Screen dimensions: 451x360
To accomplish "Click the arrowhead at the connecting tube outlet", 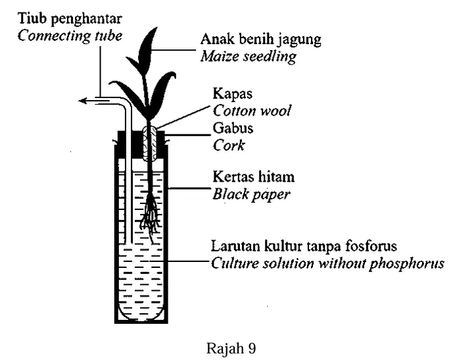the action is [83, 101].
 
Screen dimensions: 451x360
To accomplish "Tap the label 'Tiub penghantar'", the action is [70, 18].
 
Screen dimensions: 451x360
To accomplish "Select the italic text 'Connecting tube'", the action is [70, 36].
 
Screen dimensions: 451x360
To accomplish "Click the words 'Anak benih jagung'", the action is [260, 39].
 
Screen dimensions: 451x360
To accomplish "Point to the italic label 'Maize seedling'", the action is [249, 57].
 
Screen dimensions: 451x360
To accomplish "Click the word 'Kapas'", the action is [233, 94].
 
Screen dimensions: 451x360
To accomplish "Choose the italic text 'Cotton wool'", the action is [252, 111].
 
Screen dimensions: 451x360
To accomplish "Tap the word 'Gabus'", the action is [233, 128].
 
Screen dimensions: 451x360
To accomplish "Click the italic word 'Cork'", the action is [229, 145].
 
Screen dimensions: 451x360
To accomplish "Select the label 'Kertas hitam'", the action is [253, 176].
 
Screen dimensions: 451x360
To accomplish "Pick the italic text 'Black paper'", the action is [251, 194].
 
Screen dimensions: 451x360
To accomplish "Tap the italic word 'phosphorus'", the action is [407, 264].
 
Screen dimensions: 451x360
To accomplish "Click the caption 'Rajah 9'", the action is [231, 348].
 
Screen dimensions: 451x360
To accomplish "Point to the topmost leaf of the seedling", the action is [147, 49].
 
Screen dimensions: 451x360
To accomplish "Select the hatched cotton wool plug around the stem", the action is [150, 143].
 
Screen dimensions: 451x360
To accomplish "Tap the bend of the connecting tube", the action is [125, 103].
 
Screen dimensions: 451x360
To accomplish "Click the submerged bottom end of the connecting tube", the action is [129, 242].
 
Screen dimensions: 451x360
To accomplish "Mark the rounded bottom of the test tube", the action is [141, 316].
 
